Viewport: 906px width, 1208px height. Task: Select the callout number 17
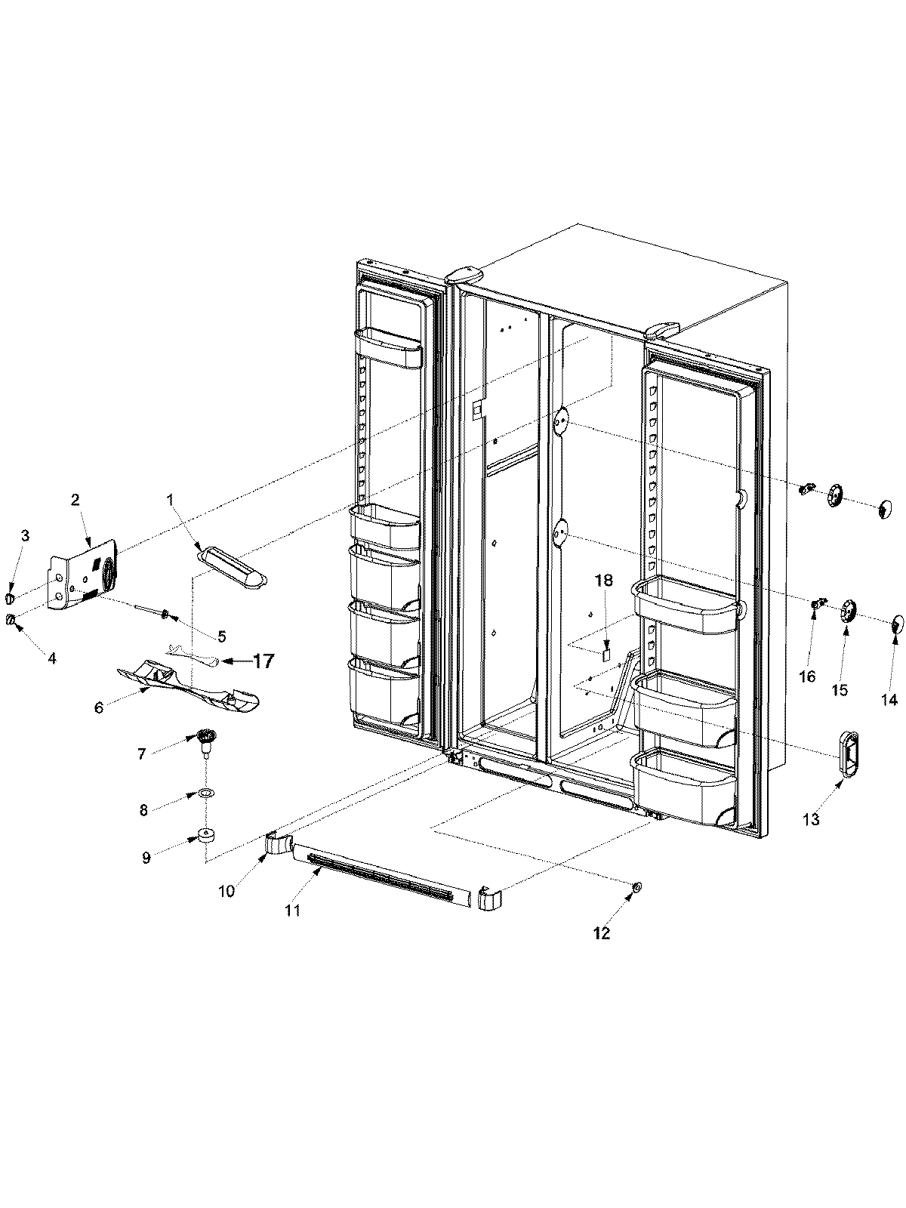pyautogui.click(x=263, y=661)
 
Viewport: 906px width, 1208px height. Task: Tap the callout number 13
pyautogui.click(x=810, y=820)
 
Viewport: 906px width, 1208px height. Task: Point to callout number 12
pyautogui.click(x=601, y=933)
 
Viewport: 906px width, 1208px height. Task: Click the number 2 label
pyautogui.click(x=75, y=499)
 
